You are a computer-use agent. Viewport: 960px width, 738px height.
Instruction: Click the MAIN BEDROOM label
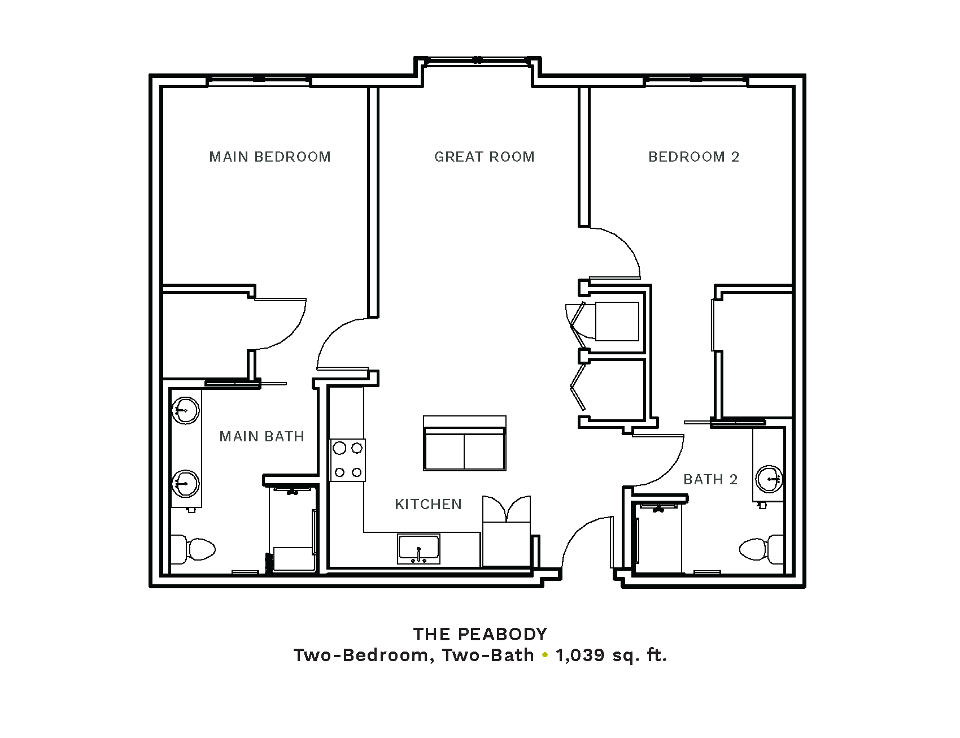coord(270,157)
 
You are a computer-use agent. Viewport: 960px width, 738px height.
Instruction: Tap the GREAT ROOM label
coord(484,157)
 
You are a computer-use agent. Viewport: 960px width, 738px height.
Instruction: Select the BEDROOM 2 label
coord(693,157)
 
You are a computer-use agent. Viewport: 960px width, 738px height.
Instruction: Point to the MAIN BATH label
coord(261,436)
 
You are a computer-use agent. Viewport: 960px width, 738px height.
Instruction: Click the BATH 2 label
coord(710,479)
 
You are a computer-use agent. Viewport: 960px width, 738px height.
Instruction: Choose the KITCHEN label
coord(428,504)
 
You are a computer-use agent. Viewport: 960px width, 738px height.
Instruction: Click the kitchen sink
coord(418,549)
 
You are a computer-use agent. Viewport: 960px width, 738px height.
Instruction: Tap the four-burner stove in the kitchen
coord(347,460)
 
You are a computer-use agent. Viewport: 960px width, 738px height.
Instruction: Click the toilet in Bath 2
coord(762,549)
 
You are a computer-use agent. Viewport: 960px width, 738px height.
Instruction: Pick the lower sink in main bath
coord(185,483)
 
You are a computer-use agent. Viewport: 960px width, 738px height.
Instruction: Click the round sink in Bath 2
coord(769,479)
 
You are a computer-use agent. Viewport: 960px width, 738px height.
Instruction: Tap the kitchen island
coord(465,444)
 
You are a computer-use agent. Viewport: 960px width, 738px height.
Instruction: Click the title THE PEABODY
coord(480,634)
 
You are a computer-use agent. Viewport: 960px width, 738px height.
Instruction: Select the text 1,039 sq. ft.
coord(611,655)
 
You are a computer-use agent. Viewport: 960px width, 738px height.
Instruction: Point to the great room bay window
coord(478,60)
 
